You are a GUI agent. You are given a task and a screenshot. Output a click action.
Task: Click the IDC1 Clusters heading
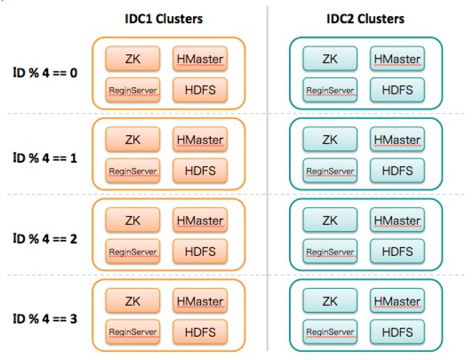point(164,19)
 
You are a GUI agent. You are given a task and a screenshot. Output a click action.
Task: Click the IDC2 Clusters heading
point(366,19)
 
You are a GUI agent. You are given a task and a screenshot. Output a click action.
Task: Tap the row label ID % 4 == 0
point(45,73)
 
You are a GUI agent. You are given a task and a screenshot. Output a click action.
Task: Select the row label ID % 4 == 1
point(45,158)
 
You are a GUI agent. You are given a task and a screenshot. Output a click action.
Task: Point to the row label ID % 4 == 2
point(45,239)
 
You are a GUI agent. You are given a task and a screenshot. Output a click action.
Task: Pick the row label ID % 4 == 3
point(45,318)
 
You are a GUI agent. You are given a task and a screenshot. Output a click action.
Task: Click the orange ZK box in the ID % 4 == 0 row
point(133,59)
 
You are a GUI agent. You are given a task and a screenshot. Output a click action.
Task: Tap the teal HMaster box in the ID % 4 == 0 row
point(398,59)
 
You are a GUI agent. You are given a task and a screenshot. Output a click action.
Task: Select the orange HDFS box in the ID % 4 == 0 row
point(200,90)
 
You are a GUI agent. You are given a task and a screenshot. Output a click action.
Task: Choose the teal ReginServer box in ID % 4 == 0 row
point(330,90)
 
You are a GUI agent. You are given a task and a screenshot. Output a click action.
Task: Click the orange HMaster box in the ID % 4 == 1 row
point(200,140)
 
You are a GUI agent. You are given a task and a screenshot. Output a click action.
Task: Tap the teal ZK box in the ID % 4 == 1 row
point(330,140)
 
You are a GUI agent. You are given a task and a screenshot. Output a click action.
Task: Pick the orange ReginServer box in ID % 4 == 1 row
point(133,171)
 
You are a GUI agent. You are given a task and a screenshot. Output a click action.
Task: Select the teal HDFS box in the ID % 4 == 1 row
point(398,171)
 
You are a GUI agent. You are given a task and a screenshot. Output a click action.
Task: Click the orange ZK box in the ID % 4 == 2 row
point(133,220)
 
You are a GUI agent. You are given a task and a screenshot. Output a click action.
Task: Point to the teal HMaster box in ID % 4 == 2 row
point(398,220)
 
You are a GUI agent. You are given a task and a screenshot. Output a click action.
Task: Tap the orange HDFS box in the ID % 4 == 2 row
point(200,252)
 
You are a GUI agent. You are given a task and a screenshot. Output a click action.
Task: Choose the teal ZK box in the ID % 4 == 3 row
point(330,301)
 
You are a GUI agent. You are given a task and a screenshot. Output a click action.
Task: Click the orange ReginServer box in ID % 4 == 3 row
point(133,332)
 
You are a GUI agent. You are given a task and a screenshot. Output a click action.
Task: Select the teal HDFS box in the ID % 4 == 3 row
point(398,332)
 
